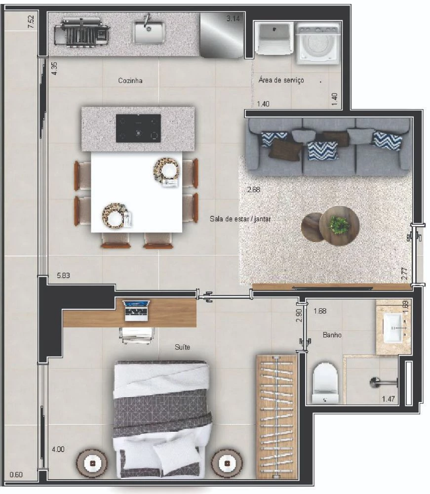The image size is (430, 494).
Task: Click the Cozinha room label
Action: click(130, 81)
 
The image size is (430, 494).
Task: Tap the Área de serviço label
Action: click(281, 80)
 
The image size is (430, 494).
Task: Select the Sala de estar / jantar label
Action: click(240, 219)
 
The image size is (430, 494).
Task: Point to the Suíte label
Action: click(182, 347)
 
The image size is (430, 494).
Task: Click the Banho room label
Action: click(332, 335)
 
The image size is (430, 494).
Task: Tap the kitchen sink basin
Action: click(149, 32)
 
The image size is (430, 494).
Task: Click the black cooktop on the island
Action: click(138, 128)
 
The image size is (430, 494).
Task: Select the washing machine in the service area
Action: click(319, 43)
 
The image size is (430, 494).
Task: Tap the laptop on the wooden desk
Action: click(136, 311)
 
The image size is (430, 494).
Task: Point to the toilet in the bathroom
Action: click(325, 383)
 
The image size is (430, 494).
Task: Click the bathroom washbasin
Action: click(393, 328)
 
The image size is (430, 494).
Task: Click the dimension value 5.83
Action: click(63, 275)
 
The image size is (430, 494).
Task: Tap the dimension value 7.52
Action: click(31, 22)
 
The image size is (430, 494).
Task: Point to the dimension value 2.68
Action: click(253, 189)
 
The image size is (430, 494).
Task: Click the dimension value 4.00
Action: click(58, 449)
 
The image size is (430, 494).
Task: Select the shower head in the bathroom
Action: click(384, 382)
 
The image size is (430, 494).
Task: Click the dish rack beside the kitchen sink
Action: click(82, 33)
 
